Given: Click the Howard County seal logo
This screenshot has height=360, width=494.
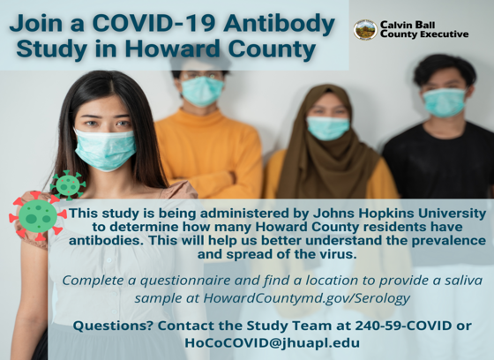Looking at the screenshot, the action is [365, 30].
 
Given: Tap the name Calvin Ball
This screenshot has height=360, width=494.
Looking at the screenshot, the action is [408, 25].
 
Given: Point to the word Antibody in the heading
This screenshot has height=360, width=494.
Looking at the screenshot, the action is [279, 24].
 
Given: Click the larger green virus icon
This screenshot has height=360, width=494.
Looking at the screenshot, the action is [37, 215].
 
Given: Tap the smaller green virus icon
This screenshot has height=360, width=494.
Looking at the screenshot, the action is [68, 185].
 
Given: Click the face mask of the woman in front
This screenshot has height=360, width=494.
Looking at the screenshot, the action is [105, 149].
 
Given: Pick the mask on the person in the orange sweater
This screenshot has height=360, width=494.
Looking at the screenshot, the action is [202, 91].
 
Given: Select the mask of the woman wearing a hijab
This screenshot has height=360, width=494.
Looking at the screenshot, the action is [327, 128].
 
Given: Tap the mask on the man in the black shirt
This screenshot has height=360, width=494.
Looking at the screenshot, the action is [445, 102].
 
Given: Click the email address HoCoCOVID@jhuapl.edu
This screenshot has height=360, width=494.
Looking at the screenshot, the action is [273, 342].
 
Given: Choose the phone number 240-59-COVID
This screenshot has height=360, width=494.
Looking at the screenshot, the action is [404, 326].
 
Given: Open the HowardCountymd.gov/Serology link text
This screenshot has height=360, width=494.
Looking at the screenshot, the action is [307, 298].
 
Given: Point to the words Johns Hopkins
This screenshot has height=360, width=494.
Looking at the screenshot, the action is [361, 214].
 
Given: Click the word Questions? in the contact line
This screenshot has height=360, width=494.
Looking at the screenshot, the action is [114, 326].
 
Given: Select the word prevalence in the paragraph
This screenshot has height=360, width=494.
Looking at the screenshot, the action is [449, 241].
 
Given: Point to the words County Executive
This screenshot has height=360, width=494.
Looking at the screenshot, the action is [424, 34].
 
